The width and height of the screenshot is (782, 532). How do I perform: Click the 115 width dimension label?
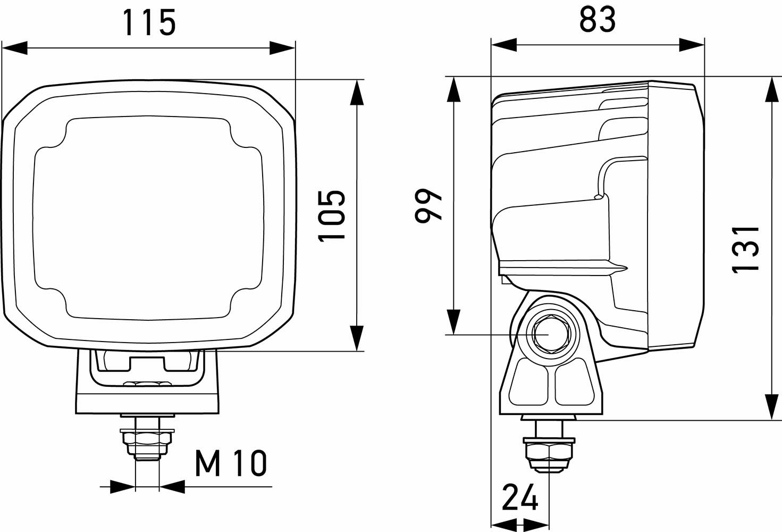pyautogui.click(x=149, y=23)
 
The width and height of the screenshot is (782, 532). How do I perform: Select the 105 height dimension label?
pyautogui.click(x=332, y=215)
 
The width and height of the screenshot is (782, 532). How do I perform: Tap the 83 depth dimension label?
pyautogui.click(x=598, y=20)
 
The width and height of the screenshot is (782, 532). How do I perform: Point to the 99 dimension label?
pyautogui.click(x=428, y=205)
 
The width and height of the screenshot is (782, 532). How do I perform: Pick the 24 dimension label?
pyautogui.click(x=520, y=498)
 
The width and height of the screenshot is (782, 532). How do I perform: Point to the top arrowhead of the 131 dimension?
pyautogui.click(x=772, y=89)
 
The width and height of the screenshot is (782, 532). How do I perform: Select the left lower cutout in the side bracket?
pyautogui.click(x=528, y=382)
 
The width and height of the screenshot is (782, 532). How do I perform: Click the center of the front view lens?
pyautogui.click(x=148, y=218)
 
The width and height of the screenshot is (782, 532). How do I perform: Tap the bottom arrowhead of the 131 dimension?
pyautogui.click(x=772, y=406)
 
